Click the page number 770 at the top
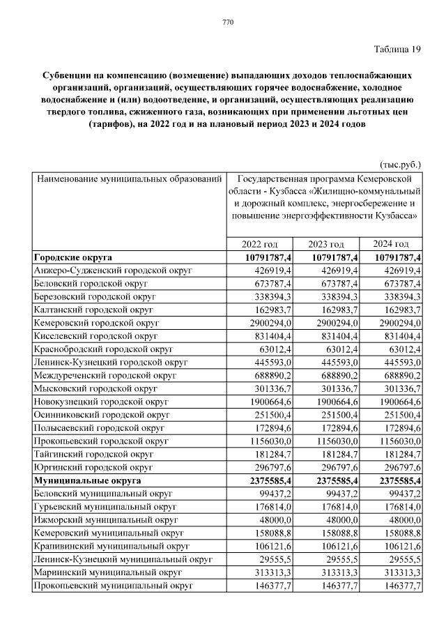[x=227, y=23]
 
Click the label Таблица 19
[x=397, y=48]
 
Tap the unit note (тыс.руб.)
[x=400, y=165]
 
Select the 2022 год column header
[x=259, y=244]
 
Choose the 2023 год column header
[x=326, y=244]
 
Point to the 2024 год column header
[x=391, y=244]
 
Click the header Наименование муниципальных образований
[x=129, y=178]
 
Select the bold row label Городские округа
[x=72, y=258]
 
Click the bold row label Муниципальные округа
[x=87, y=480]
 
